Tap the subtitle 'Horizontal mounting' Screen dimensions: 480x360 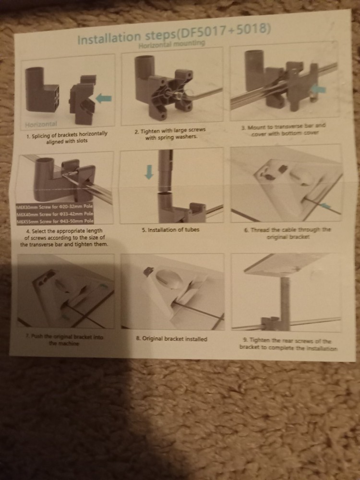click(x=171, y=44)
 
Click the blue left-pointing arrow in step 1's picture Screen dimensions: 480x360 click(x=104, y=98)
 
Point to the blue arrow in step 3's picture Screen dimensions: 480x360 click(x=318, y=89)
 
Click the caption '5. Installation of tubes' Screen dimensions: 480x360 click(x=170, y=230)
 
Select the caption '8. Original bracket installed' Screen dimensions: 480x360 click(x=172, y=339)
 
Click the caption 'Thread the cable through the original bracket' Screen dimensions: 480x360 click(x=288, y=233)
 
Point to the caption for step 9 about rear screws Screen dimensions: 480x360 click(x=288, y=344)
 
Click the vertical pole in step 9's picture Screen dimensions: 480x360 click(x=285, y=298)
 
